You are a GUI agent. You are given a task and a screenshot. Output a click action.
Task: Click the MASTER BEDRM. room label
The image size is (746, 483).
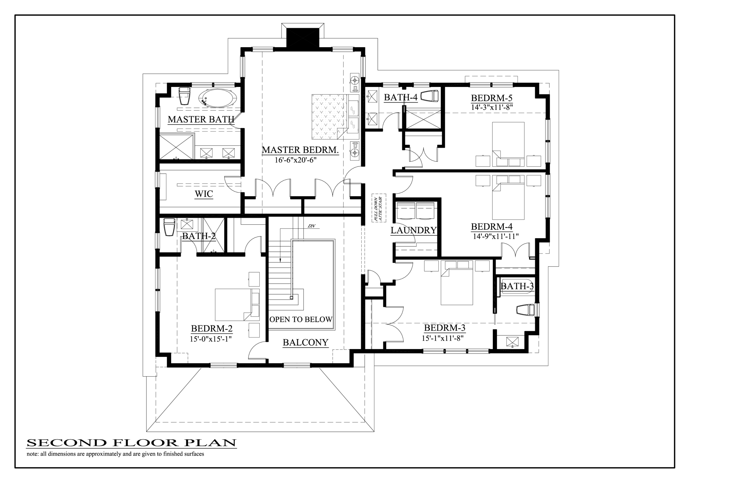[x=300, y=150]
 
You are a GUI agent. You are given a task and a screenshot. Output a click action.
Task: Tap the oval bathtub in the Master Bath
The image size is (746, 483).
[x=217, y=98]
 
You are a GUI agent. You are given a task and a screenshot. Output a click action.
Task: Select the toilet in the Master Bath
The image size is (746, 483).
[x=184, y=96]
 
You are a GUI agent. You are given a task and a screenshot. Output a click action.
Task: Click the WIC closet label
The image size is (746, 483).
[x=204, y=194]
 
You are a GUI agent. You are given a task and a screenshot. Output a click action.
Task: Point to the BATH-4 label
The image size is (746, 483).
[x=401, y=97]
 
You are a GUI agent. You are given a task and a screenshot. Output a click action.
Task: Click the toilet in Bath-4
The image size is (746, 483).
[x=429, y=96]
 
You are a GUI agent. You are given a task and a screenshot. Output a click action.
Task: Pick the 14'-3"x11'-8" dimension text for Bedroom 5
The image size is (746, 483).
[x=492, y=107]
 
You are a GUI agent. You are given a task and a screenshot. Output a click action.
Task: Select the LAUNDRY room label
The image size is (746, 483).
[x=413, y=230]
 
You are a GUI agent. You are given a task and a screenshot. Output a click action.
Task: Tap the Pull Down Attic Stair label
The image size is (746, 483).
[x=379, y=208]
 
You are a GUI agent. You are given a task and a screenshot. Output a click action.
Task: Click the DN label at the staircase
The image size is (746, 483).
[x=311, y=226]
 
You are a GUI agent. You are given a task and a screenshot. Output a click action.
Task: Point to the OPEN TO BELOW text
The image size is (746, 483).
[x=301, y=320]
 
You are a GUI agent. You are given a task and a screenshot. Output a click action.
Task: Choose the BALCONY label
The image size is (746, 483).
[x=305, y=342]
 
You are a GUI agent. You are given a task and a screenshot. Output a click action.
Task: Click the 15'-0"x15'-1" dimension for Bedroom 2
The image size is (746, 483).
[x=211, y=339]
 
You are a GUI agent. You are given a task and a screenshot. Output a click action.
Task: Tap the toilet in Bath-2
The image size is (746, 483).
[x=169, y=227]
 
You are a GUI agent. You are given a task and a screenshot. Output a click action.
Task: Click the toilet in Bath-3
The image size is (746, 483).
[x=525, y=310]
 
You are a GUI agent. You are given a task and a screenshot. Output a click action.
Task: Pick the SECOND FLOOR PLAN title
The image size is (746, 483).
[x=131, y=442]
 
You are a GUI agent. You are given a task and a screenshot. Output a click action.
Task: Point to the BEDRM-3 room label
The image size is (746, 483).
[x=445, y=328]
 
